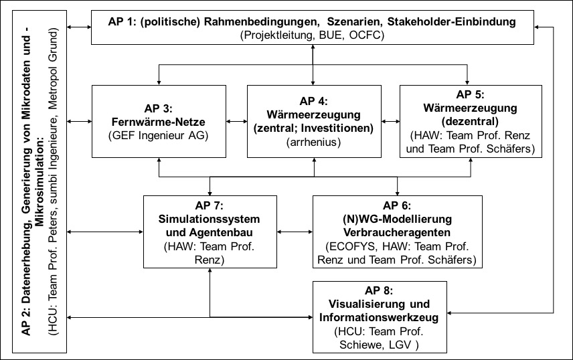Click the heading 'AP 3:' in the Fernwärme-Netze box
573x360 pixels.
(x=158, y=108)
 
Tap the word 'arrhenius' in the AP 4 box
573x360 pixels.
(x=313, y=142)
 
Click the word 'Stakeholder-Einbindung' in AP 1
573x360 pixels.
(x=451, y=21)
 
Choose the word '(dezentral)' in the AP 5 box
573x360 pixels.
(x=471, y=121)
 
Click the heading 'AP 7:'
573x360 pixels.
(x=210, y=205)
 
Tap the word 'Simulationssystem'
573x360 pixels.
(x=209, y=219)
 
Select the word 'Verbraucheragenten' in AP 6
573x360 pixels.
(x=397, y=232)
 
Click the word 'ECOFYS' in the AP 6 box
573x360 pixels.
(x=352, y=246)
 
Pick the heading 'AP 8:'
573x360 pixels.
(x=379, y=290)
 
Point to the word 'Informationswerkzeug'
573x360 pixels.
(x=379, y=317)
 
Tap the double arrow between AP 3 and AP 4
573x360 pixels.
(x=236, y=121)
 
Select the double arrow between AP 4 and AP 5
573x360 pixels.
(x=390, y=121)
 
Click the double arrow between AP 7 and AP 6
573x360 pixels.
(x=295, y=232)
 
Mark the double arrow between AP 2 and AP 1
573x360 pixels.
(x=79, y=27)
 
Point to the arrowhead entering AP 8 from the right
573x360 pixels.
(x=450, y=313)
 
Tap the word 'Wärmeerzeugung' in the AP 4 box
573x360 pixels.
(x=313, y=115)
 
